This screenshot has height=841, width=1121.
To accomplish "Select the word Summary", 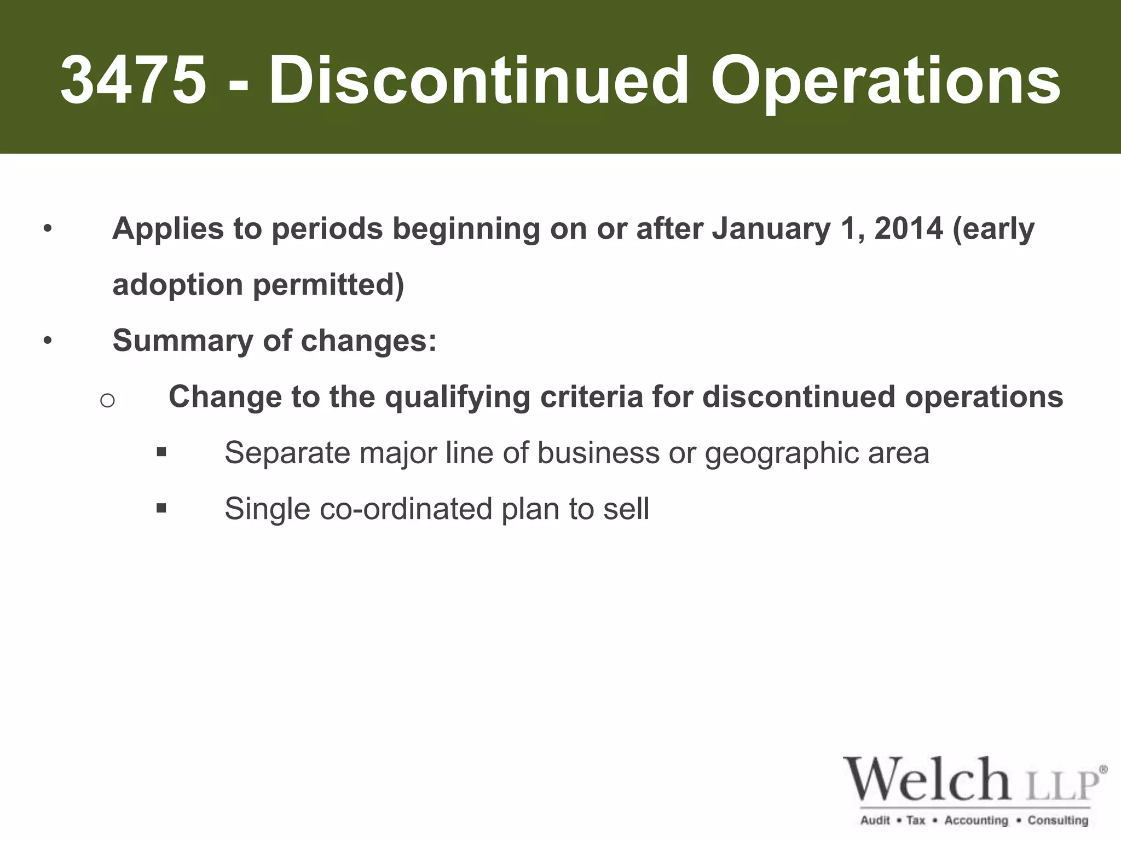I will (182, 341).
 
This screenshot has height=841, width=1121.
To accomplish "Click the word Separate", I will (287, 453).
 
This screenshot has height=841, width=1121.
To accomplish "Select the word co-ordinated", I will (406, 509).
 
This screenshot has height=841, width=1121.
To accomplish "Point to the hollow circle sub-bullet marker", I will (107, 401).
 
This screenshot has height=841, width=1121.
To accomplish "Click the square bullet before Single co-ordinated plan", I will (161, 508).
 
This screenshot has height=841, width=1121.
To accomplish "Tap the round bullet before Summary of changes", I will (48, 341).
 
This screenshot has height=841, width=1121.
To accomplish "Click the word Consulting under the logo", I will (1058, 820).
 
